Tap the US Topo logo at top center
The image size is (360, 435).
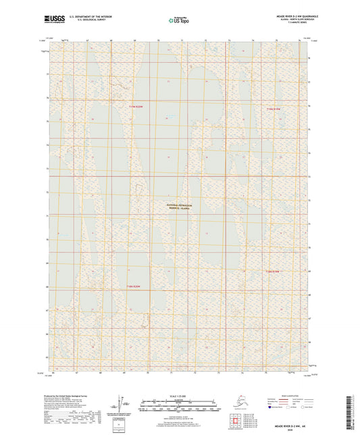pyautogui.click(x=178, y=22)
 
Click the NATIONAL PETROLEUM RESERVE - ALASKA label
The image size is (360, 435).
pyautogui.click(x=180, y=207)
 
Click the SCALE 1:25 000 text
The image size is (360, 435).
pyautogui.click(x=180, y=394)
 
